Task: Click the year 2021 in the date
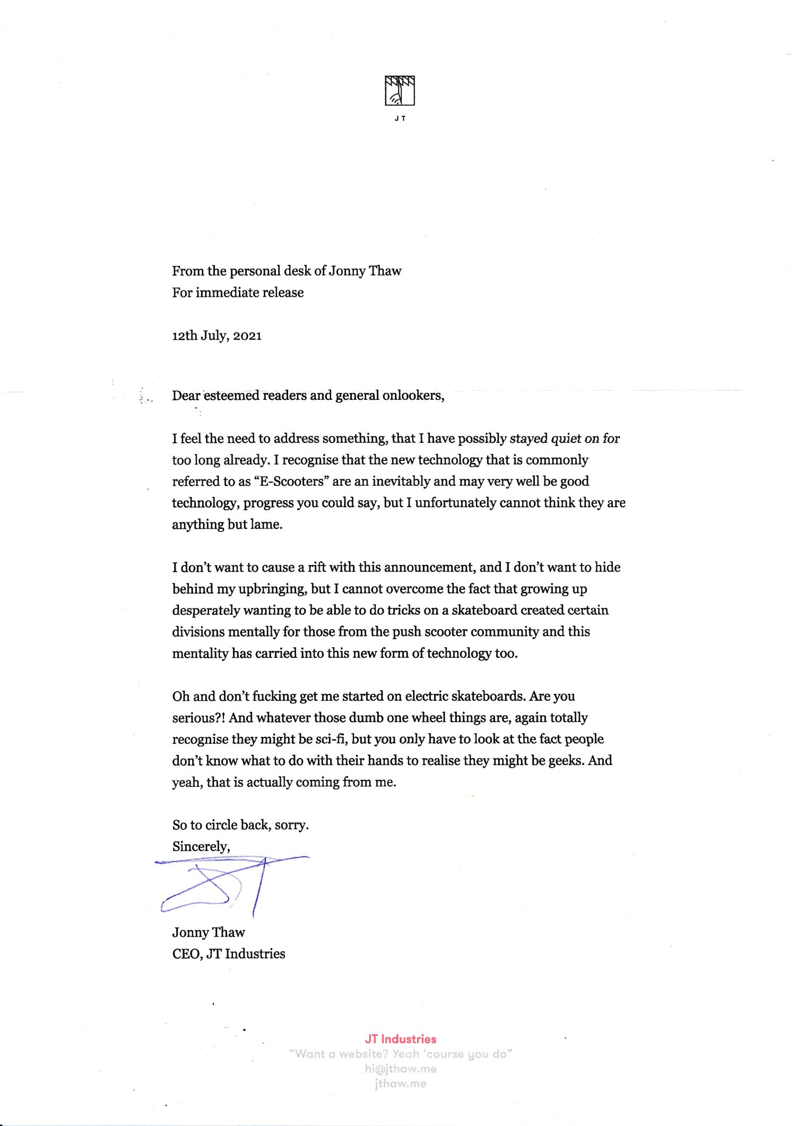point(247,336)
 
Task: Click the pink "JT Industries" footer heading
point(400,1039)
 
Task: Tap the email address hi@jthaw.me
point(400,1069)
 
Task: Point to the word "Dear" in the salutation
point(186,396)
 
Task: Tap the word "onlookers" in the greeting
point(411,396)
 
